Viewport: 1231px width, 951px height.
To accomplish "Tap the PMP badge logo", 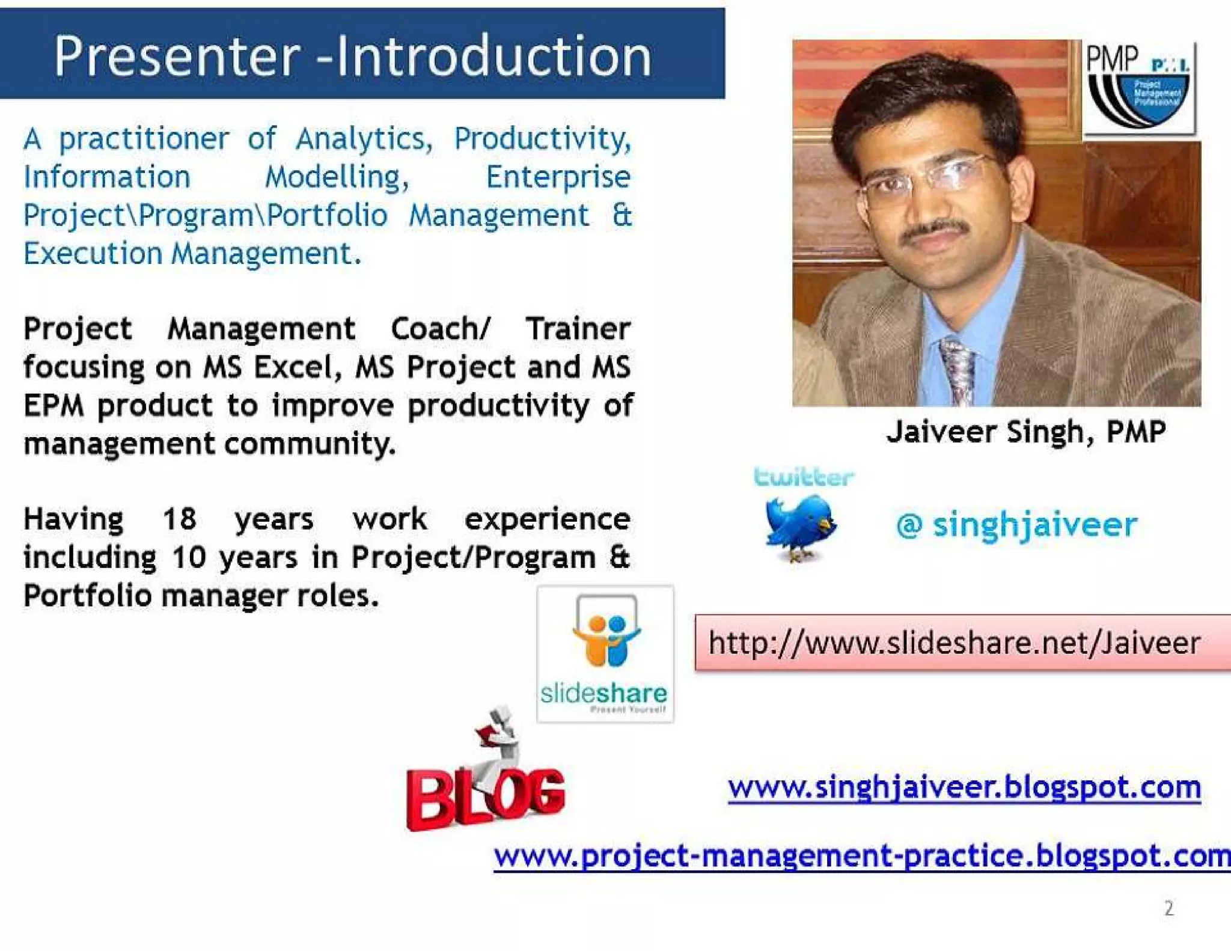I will [x=1138, y=88].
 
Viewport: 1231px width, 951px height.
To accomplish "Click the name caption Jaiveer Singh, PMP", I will [x=1025, y=432].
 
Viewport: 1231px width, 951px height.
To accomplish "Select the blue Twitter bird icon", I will [x=799, y=526].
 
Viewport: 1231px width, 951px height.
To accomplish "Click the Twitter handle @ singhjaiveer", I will [x=1016, y=524].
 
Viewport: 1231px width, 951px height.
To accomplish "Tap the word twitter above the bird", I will [x=803, y=477].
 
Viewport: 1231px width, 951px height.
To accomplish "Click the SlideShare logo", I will [x=605, y=654].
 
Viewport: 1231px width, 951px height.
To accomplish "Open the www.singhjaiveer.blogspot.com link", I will [x=964, y=787].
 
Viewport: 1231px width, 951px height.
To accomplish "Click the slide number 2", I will [x=1168, y=908].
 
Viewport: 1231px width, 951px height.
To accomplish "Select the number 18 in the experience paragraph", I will [x=179, y=519].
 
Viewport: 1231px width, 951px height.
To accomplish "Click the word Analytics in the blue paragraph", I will [x=364, y=139].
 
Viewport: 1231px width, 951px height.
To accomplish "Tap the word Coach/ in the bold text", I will [x=441, y=329].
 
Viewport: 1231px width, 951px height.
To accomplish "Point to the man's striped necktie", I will [x=958, y=370].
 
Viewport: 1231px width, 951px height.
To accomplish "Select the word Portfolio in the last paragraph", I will [x=87, y=596].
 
